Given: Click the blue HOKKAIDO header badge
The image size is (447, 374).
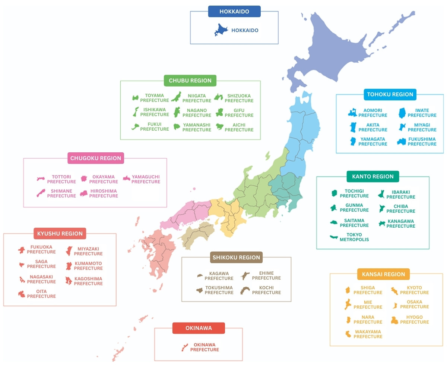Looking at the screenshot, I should tap(234, 12).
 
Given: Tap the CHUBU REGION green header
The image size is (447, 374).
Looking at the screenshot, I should tap(190, 81).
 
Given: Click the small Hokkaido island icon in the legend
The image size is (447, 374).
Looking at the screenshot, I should tap(221, 30).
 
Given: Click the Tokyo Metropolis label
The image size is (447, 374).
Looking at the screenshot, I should tap(354, 237).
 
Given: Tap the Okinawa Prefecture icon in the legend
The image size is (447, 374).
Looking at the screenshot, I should tap(184, 347).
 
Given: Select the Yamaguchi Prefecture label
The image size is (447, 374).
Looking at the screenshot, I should tap(146, 179).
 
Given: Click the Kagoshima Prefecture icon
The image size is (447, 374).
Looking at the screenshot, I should tap(69, 281).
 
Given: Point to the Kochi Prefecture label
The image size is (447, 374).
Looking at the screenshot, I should tap(266, 290).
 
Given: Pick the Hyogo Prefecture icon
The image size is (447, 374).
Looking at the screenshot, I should tap(394, 320).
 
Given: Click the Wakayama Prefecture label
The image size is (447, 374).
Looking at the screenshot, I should tap(368, 334).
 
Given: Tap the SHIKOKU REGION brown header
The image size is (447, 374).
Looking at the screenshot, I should tap(236, 257).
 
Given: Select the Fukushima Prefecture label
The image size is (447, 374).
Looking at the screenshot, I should tap(422, 141).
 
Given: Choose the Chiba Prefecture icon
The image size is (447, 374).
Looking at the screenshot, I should tap(383, 208).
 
